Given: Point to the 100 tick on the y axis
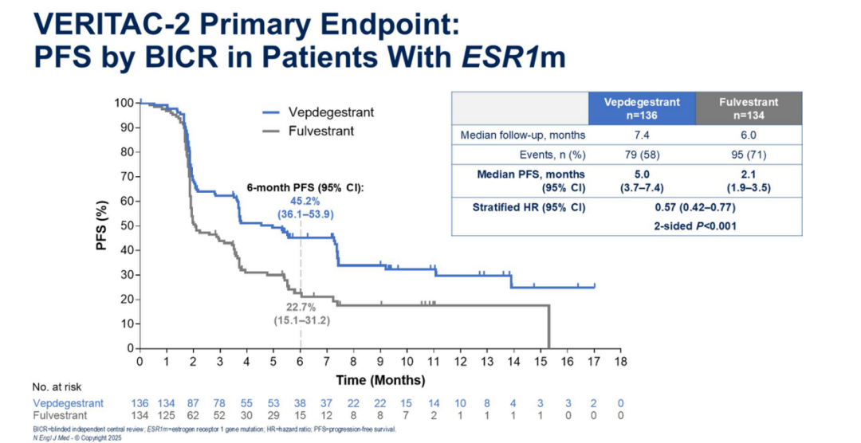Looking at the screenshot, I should pos(123,103).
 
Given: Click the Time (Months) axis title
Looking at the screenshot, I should pos(380,379).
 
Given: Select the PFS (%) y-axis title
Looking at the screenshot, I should pos(101,226).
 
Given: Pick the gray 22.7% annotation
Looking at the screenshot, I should pos(301,307).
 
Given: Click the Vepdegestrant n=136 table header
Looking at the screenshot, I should pos(642,108).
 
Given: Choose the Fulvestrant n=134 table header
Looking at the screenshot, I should pos(749,108).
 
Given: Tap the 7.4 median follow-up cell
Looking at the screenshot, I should pos(642,135).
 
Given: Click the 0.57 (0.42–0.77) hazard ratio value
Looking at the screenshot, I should pos(695,207).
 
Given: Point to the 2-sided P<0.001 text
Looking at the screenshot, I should pos(695,225).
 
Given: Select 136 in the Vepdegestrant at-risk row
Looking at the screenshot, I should pos(141,403).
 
